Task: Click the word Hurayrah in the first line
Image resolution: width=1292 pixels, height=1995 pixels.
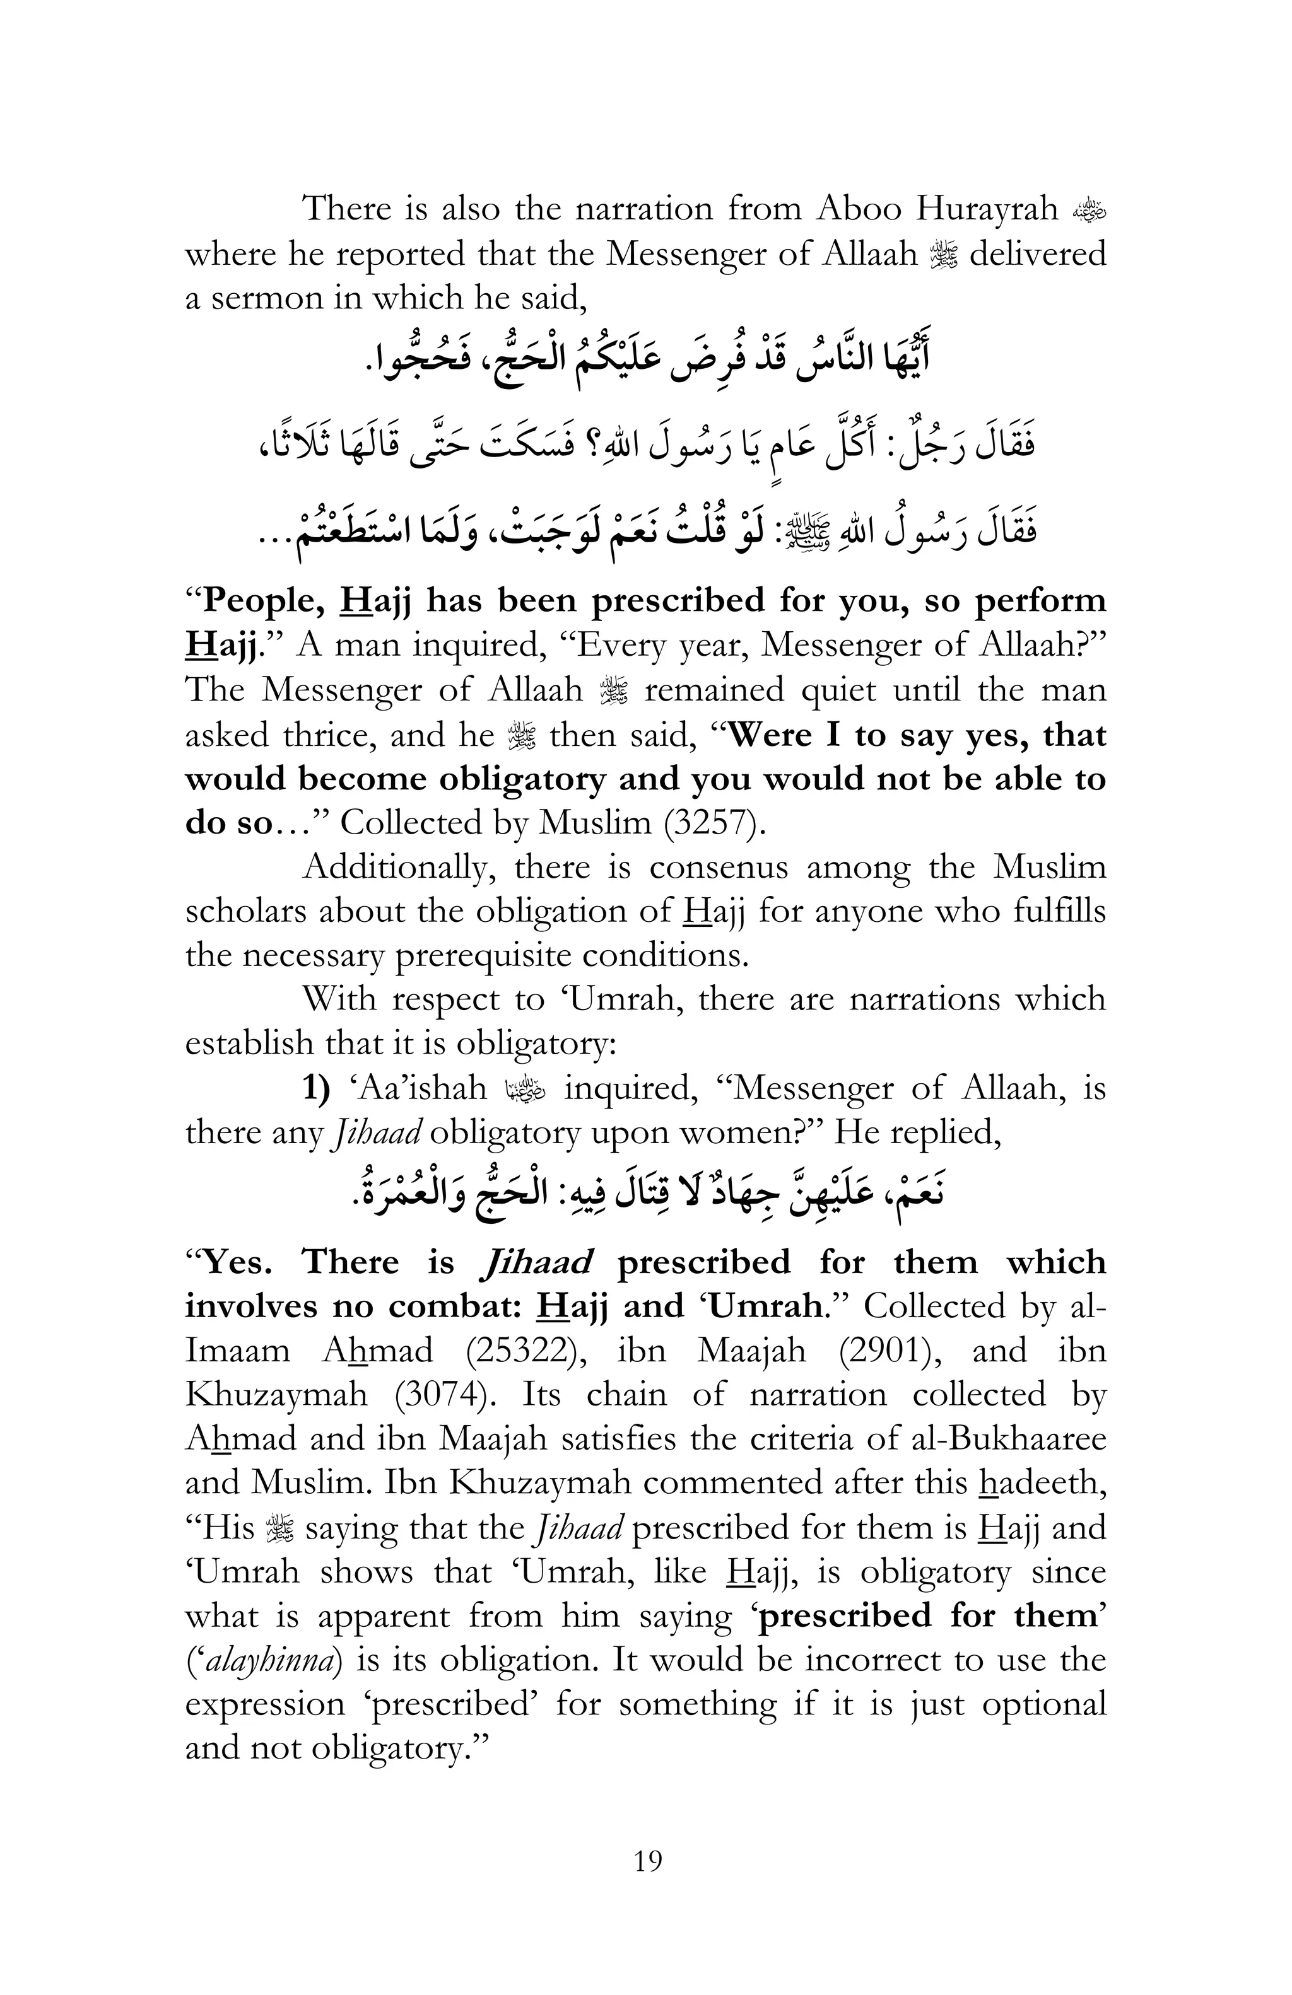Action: pyautogui.click(x=986, y=209)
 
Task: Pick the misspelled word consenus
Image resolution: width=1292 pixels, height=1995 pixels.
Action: pyautogui.click(x=719, y=867)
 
